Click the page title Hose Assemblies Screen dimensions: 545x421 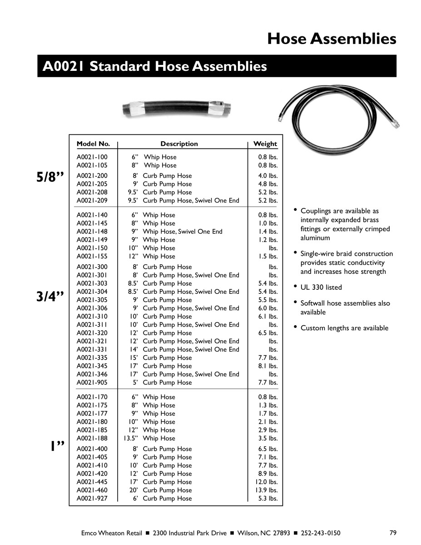[x=332, y=39]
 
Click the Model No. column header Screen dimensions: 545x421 [x=93, y=144]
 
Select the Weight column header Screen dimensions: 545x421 [x=265, y=144]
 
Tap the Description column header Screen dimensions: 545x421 [x=179, y=144]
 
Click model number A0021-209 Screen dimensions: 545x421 [x=92, y=200]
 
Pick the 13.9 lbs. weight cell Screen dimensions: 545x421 [x=266, y=490]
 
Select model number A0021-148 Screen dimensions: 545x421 [x=92, y=232]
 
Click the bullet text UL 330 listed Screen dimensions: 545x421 [x=321, y=287]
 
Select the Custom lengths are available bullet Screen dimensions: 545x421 [x=344, y=328]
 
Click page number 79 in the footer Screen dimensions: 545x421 [x=393, y=533]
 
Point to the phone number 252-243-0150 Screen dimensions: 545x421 [x=320, y=533]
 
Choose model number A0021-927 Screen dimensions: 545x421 [x=92, y=498]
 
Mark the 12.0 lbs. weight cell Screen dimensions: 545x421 [x=266, y=482]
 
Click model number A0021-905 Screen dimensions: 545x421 [x=92, y=382]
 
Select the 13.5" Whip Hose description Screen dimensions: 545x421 [x=149, y=438]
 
